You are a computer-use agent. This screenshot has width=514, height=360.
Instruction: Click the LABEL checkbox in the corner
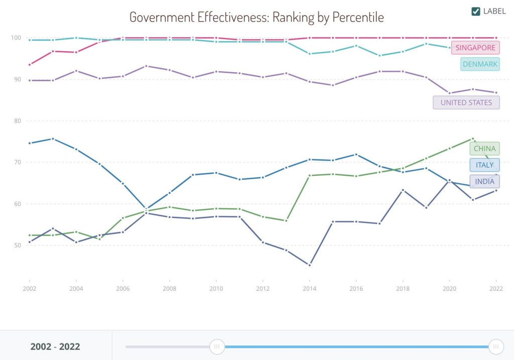476,11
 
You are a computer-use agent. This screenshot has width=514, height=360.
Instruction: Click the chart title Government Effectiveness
256,17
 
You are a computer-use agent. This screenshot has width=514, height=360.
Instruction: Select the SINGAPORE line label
475,48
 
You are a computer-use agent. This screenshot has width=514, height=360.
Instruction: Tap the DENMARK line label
480,64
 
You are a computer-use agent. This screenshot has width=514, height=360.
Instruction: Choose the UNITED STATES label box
466,102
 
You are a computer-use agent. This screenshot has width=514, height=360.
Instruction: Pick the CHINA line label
484,149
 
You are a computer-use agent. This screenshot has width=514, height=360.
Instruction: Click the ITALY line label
484,165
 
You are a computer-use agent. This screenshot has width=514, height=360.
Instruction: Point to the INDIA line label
484,182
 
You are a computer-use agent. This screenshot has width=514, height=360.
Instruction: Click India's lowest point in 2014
309,265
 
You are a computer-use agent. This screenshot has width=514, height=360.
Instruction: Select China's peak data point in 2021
472,139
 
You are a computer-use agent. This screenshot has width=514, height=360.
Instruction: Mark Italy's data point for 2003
53,139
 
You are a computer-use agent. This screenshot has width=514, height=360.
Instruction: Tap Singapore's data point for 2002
30,65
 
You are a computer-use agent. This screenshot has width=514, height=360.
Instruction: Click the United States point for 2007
146,66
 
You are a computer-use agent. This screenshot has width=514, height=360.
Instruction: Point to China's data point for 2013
286,220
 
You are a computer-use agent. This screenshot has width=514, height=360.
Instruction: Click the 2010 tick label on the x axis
216,289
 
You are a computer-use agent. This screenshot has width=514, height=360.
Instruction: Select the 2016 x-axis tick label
356,289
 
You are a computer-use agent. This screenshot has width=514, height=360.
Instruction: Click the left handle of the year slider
217,346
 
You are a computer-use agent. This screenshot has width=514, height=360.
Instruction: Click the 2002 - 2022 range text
55,346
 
